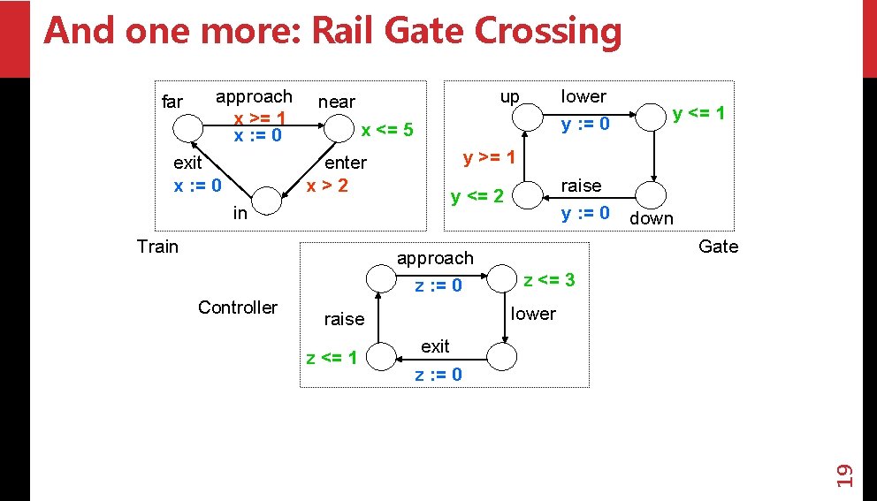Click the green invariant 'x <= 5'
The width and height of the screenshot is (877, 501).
coord(387,130)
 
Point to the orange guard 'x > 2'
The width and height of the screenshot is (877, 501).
coord(327,186)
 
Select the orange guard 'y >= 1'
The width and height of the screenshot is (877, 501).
coord(489,157)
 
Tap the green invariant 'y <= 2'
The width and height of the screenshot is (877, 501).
coord(477,196)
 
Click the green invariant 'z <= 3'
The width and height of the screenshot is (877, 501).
coord(549,279)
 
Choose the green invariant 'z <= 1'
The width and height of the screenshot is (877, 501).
coord(332,357)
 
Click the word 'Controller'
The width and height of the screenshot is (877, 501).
coord(238,307)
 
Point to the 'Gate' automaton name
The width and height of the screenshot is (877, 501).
coord(718,247)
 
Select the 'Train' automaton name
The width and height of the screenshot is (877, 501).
coord(157,247)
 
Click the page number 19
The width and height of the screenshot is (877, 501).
coord(844,475)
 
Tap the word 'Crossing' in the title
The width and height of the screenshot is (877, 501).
coord(548,31)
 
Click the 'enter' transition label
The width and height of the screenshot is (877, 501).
coord(346,163)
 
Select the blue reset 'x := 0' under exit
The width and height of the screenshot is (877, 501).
coord(197,186)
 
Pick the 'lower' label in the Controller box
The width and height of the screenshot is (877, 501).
coord(533,314)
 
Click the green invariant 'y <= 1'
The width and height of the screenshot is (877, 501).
coord(698,113)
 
